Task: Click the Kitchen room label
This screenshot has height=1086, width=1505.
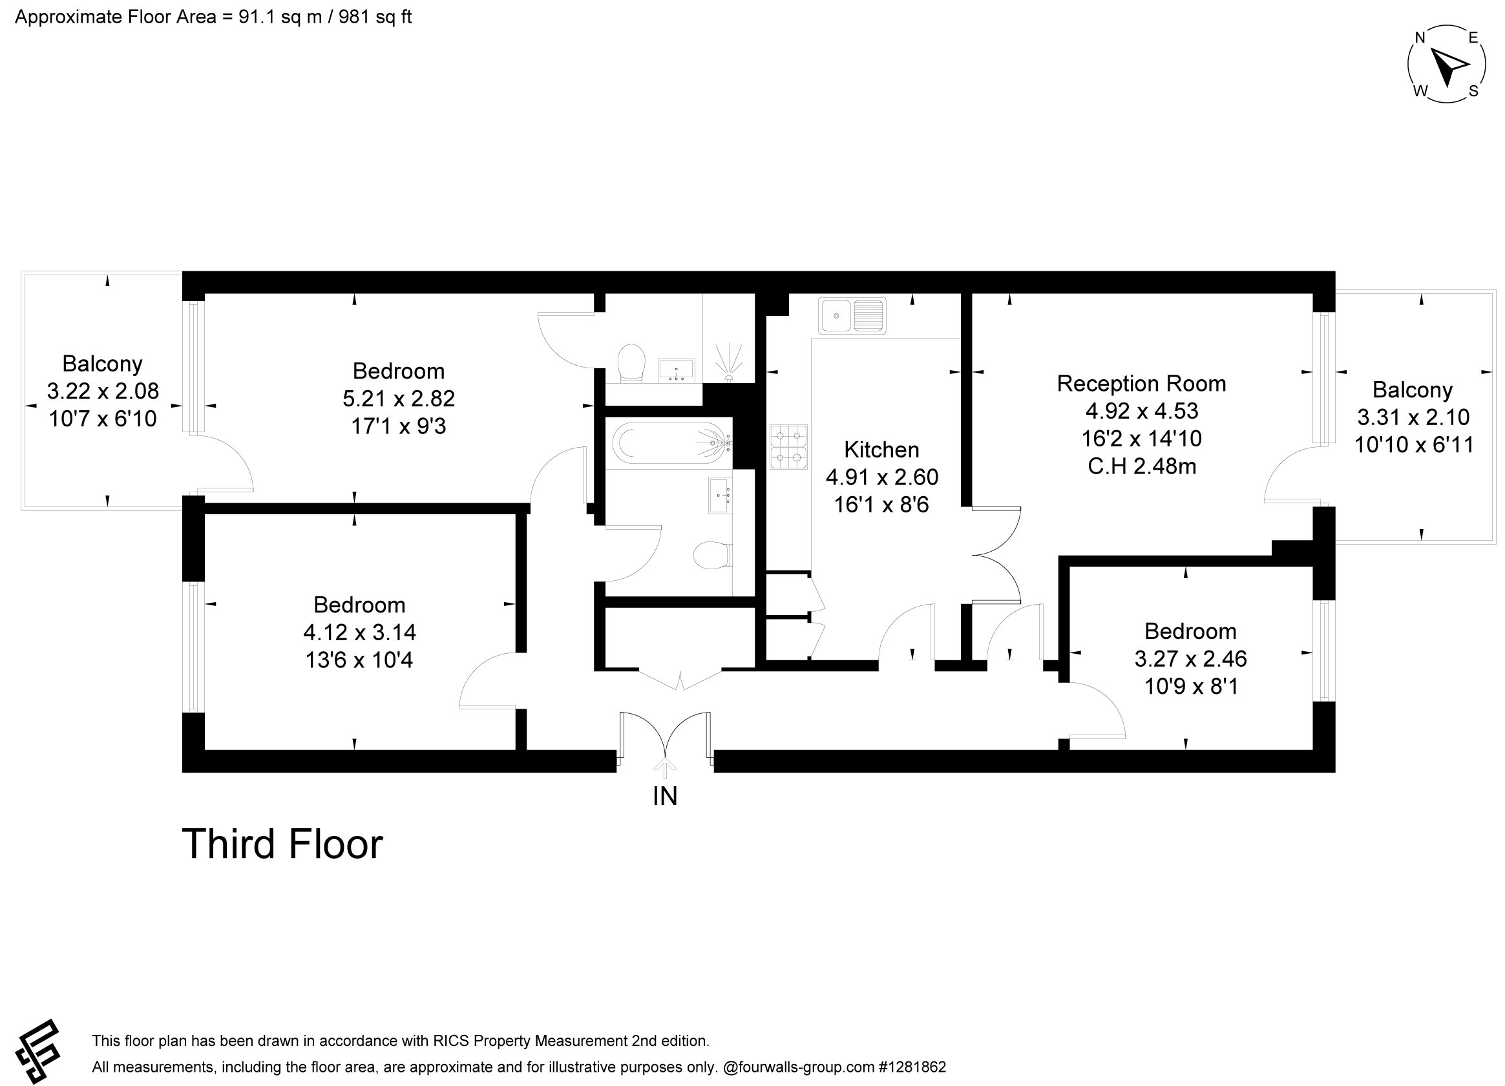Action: tap(881, 449)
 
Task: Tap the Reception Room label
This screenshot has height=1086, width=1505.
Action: tap(1141, 383)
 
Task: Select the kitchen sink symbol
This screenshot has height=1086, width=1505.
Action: tap(852, 315)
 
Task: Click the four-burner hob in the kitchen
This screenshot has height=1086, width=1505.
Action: tap(788, 446)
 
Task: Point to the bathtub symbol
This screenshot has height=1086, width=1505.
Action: tap(671, 443)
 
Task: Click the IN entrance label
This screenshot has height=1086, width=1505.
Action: tap(665, 796)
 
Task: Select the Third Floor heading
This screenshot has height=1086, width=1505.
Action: tap(282, 844)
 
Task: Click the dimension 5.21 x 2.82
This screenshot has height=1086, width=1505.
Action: tap(399, 398)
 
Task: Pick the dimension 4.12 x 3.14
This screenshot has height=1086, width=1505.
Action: tap(360, 632)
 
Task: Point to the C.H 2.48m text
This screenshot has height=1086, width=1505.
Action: tap(1142, 466)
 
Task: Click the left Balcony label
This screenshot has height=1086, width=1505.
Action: tap(102, 364)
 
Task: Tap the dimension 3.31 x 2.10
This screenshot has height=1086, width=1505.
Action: tap(1413, 417)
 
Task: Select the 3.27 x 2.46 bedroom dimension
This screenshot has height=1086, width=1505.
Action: tap(1190, 658)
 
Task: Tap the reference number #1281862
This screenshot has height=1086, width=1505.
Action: tap(912, 1067)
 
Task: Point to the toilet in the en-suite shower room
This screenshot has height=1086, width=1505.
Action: tap(631, 363)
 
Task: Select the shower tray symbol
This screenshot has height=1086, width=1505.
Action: tap(729, 339)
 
